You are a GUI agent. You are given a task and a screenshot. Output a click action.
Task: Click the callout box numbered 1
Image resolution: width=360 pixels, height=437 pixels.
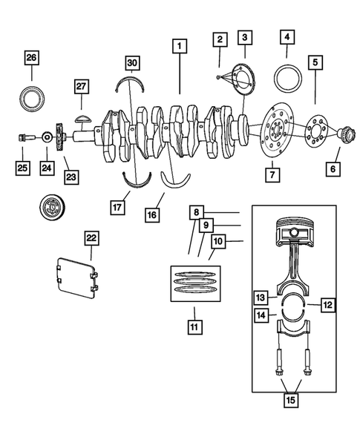coord(178,45)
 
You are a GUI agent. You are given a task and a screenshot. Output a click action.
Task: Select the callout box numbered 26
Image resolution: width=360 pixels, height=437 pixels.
coord(31,58)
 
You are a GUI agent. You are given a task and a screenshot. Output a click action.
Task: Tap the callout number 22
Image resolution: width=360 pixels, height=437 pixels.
coord(90,237)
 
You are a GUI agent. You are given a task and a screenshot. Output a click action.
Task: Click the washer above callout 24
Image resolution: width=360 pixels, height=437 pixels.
coord(47,137)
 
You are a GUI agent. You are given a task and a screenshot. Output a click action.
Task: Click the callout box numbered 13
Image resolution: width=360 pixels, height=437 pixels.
coord(261,298)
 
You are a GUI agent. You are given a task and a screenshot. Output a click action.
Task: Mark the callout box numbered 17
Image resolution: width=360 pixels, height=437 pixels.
coord(117,207)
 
